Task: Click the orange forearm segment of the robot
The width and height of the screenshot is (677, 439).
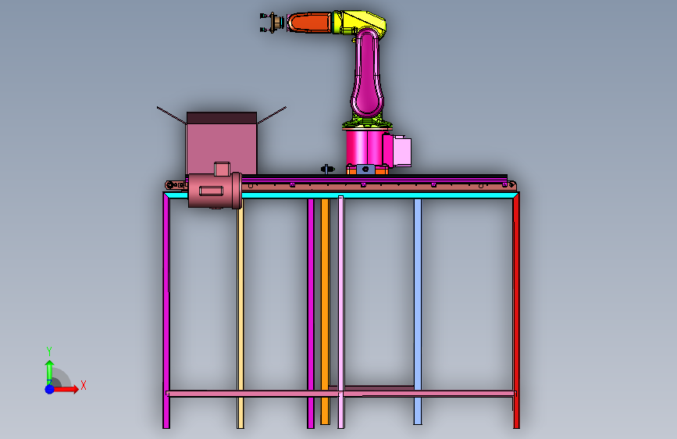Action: (310, 23)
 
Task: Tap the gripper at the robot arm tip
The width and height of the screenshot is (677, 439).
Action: (271, 23)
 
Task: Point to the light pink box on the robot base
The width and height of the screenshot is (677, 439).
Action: (401, 151)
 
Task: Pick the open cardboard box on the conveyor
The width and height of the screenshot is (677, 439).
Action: (222, 143)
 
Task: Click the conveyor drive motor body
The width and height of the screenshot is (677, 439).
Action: (215, 191)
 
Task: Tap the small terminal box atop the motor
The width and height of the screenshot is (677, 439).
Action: (222, 169)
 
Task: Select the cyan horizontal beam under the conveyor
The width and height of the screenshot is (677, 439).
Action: (341, 195)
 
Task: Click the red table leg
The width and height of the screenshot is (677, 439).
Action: (516, 310)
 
